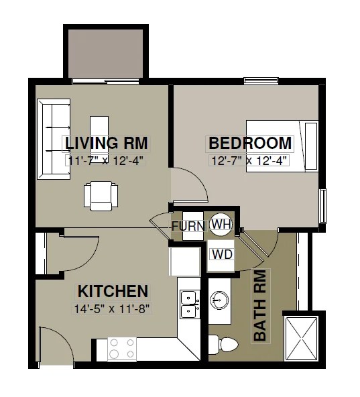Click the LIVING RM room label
pos(107,143)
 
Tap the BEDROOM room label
pos(250,143)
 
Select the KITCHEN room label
pos(113,291)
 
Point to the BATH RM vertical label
pos(260,306)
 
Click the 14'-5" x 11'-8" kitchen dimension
pos(112,309)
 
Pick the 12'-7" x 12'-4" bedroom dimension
pos(249,160)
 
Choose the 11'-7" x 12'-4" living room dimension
pos(105,160)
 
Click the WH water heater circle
pos(221,225)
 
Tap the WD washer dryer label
pos(222,254)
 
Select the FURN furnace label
pos(188,226)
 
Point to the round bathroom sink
pos(219,300)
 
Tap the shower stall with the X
pos(301,338)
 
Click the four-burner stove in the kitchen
pos(122,349)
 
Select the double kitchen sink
pos(190,304)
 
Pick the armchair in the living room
pos(101,196)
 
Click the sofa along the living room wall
pos(54,139)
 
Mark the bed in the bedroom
pos(282,146)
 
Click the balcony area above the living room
pos(105,54)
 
